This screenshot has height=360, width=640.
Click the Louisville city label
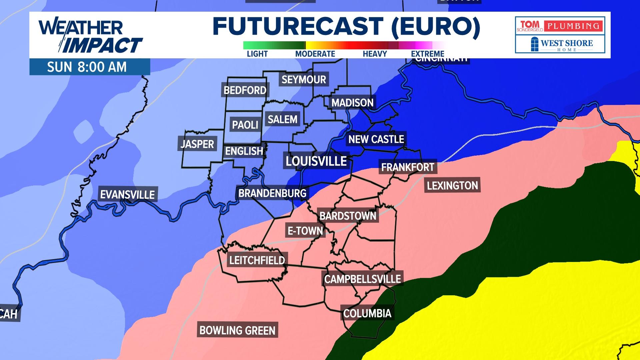pyautogui.click(x=316, y=161)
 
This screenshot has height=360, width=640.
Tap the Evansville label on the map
pyautogui.click(x=127, y=194)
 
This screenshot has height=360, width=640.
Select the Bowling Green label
pyautogui.click(x=237, y=330)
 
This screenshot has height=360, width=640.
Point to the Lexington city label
pyautogui.click(x=452, y=185)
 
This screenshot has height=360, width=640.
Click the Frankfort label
pyautogui.click(x=408, y=167)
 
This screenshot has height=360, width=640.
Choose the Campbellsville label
pyautogui.click(x=362, y=279)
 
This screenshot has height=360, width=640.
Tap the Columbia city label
pyautogui.click(x=367, y=313)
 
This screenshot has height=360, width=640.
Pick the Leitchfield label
pyautogui.click(x=257, y=260)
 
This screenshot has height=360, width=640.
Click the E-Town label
pyautogui.click(x=305, y=231)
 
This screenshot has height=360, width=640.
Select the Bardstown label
pyautogui.click(x=348, y=216)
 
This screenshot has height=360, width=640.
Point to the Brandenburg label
pyautogui.click(x=272, y=193)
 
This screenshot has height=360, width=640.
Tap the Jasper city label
pyautogui.click(x=197, y=144)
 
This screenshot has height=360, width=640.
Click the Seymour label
pyautogui.click(x=304, y=79)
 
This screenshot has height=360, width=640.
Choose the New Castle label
pyautogui.click(x=376, y=139)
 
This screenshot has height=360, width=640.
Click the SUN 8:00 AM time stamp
pyautogui.click(x=87, y=67)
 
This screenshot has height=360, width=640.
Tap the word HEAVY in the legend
pyautogui.click(x=375, y=54)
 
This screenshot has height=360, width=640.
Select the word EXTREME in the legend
pyautogui.click(x=427, y=54)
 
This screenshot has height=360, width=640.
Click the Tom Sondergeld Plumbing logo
pyautogui.click(x=560, y=26)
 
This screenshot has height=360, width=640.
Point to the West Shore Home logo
pyautogui.click(x=560, y=44)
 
